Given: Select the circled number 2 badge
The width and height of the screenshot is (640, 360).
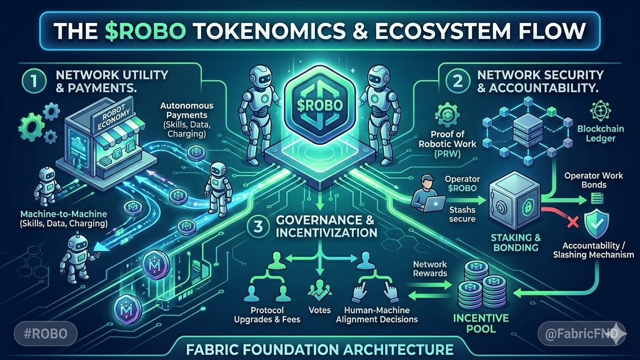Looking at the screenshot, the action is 458,80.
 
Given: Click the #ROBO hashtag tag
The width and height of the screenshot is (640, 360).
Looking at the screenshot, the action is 45,334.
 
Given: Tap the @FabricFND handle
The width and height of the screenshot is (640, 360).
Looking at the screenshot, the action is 580,334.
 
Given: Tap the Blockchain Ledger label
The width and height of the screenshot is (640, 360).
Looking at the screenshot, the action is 601,133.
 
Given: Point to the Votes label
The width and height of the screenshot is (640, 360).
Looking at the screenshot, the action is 320,310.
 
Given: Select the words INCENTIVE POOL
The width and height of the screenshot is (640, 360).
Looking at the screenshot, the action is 481,323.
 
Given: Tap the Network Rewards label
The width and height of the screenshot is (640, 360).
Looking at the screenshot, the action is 430,269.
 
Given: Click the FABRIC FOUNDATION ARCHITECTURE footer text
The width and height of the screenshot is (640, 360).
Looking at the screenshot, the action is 320,349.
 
